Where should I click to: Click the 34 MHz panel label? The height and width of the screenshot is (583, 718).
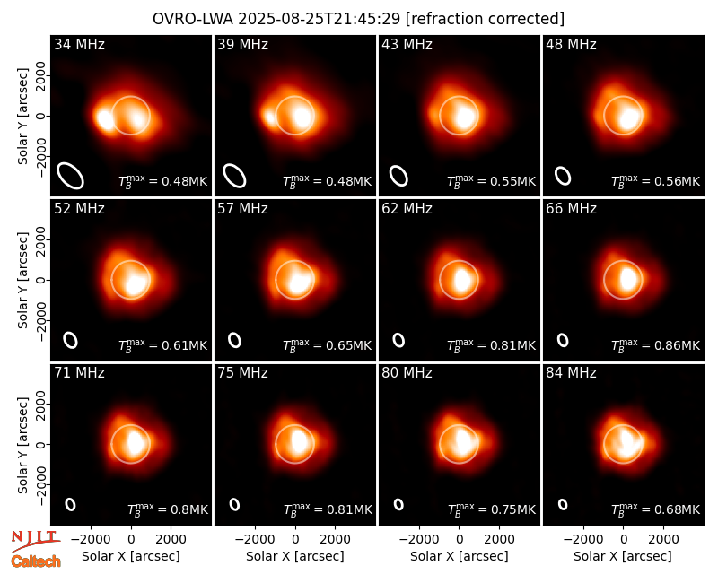pyautogui.click(x=79, y=44)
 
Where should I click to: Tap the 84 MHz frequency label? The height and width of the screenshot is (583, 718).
pyautogui.click(x=571, y=373)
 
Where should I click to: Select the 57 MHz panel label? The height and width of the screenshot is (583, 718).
pyautogui.click(x=242, y=209)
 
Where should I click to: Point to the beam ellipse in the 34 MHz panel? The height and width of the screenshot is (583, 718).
pyautogui.click(x=70, y=176)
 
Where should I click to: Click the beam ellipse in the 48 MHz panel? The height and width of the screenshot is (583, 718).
pyautogui.click(x=563, y=176)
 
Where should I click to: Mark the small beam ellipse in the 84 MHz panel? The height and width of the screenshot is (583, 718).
pyautogui.click(x=563, y=504)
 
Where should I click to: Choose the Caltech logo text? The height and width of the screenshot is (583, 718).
pyautogui.click(x=36, y=561)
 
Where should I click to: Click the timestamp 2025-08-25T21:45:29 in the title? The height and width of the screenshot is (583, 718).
pyautogui.click(x=319, y=19)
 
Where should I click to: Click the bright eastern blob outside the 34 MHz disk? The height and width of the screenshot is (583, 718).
pyautogui.click(x=105, y=119)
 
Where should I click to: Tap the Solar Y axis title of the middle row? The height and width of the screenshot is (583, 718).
pyautogui.click(x=22, y=281)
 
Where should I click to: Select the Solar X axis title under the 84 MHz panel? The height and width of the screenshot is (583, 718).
pyautogui.click(x=623, y=556)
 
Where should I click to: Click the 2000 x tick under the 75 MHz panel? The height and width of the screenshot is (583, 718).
pyautogui.click(x=335, y=540)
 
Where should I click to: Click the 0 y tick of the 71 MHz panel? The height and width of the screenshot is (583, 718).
pyautogui.click(x=41, y=444)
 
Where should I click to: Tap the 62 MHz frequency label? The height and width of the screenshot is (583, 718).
pyautogui.click(x=407, y=209)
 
